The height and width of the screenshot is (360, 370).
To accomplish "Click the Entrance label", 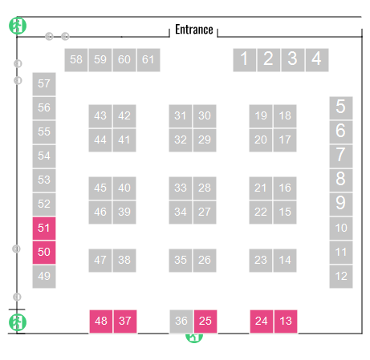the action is [x=194, y=30].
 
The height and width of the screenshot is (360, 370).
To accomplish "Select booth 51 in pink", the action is [x=44, y=229].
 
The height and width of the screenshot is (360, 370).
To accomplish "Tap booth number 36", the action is [x=181, y=322].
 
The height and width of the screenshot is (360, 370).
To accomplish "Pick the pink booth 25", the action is [x=205, y=322].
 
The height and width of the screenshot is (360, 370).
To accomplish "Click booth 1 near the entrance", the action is [x=245, y=60].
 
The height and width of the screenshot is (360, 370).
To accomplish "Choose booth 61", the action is [x=148, y=60].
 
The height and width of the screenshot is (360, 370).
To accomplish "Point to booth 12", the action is [x=341, y=277].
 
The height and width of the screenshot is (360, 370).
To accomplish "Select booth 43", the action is [x=100, y=116].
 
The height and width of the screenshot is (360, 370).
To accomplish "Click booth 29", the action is [x=205, y=140].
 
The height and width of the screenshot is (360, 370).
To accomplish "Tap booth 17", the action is [x=285, y=140].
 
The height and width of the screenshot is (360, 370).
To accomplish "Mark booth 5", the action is [x=341, y=108].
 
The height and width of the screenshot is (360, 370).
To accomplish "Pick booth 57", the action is [x=44, y=84].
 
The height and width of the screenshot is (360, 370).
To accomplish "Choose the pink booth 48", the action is [x=101, y=322].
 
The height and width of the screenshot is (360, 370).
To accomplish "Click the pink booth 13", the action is [x=286, y=322].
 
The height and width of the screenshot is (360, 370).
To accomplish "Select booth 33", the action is [x=181, y=188].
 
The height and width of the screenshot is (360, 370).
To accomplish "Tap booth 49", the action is [x=44, y=277].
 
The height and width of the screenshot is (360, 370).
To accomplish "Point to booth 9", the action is [x=341, y=204].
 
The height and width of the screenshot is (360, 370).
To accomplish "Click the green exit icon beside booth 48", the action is [x=18, y=322].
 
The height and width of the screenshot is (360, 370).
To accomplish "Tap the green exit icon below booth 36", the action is [x=194, y=338].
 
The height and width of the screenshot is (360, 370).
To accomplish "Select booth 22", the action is [x=261, y=212].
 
